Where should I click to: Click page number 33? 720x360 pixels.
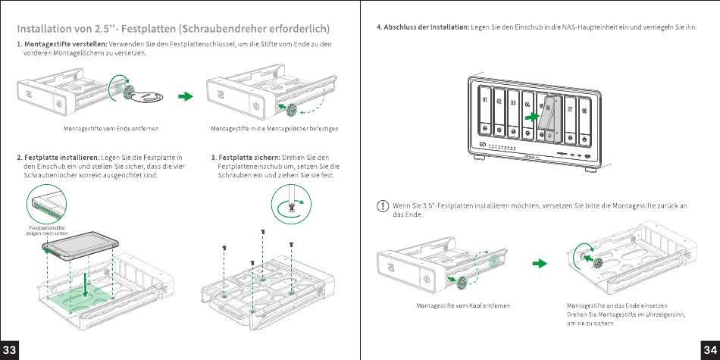coord(10,349)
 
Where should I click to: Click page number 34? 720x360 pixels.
coord(709,349)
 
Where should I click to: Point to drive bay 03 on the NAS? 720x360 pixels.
coord(513,112)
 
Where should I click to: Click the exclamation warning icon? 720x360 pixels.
coord(383,205)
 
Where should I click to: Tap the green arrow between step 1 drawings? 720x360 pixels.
coord(184,96)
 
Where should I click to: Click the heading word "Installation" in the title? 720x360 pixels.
coord(48,29)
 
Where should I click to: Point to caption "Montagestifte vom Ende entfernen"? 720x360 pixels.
coord(111,129)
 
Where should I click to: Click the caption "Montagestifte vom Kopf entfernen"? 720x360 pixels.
coord(463,305)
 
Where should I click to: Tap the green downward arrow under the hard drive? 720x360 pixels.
coord(86,286)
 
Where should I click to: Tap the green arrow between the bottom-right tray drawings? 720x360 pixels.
coord(539,263)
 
